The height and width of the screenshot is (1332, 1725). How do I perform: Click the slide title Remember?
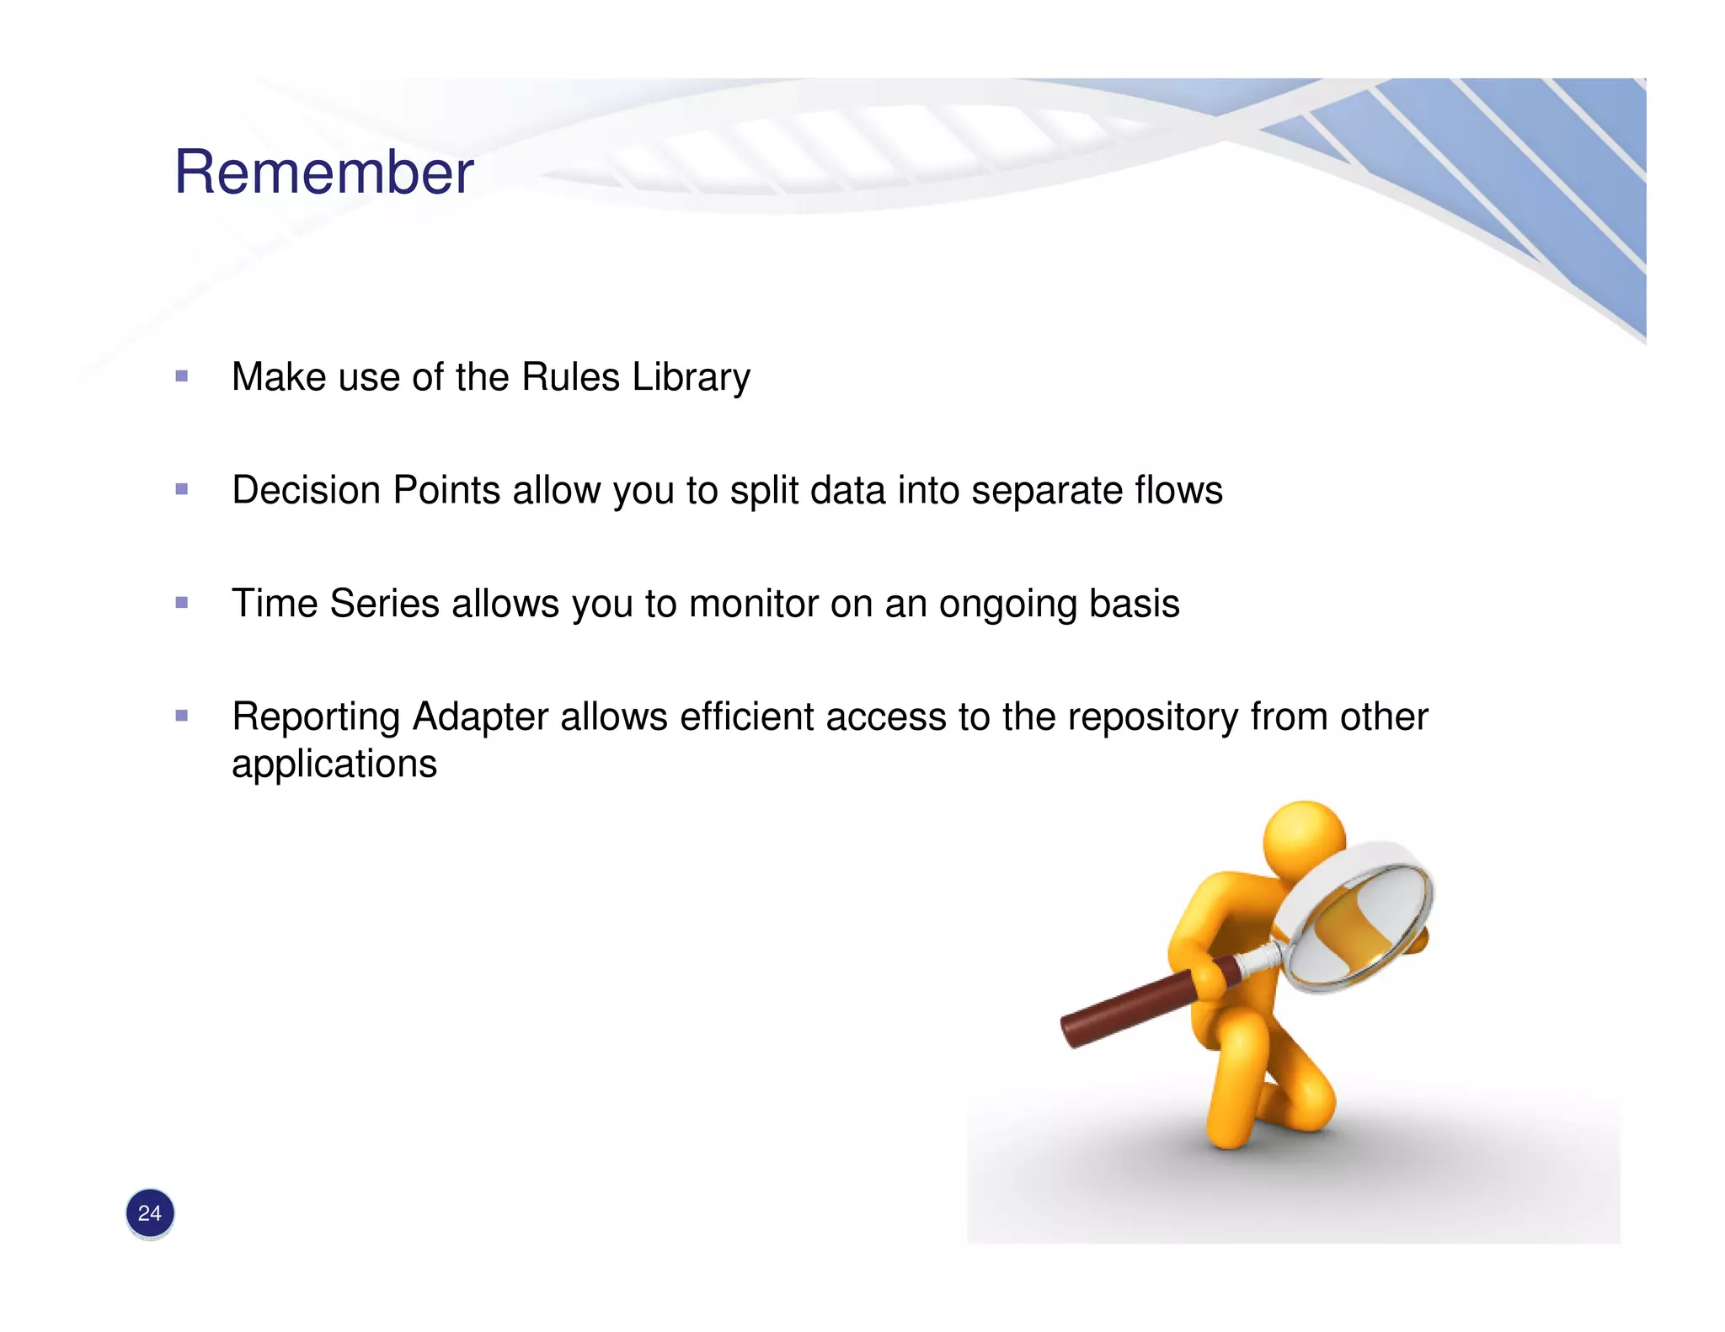pos(323,173)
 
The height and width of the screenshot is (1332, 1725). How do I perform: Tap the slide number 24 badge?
pos(150,1213)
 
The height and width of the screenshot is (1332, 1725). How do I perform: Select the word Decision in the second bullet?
pos(306,490)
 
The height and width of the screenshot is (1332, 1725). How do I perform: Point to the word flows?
pos(1178,490)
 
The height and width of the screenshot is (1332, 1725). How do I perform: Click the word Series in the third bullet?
pos(384,604)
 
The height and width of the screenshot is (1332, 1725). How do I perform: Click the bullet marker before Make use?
pos(182,376)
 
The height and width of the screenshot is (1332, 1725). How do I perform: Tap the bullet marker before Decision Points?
pos(182,489)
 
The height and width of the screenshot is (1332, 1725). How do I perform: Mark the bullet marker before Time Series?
pos(182,603)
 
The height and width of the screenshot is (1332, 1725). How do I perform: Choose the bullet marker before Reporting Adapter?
pos(182,717)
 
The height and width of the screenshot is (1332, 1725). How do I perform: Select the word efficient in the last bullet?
pos(746,717)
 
